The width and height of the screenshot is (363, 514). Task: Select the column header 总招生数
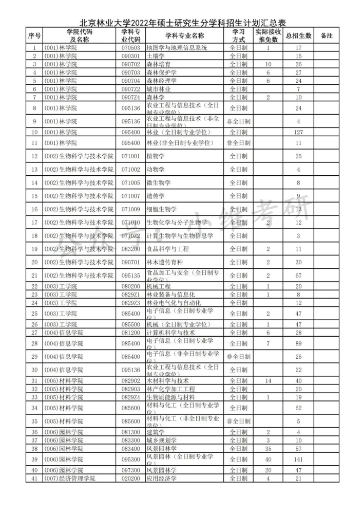tap(298, 36)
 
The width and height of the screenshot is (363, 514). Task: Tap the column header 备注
tap(326, 36)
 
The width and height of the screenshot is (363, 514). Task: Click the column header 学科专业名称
tap(184, 36)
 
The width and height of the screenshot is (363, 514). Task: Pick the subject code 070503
tap(130, 48)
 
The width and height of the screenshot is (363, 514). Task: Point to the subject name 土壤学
tap(155, 56)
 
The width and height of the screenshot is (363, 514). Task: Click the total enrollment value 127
tap(298, 132)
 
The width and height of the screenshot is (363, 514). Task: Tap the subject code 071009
tap(130, 209)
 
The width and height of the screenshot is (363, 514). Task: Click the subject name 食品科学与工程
tap(167, 249)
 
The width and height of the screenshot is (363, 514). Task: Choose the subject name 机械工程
tap(158, 286)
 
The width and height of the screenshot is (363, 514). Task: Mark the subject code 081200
tap(130, 333)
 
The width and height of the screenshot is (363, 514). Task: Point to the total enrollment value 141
tap(298, 459)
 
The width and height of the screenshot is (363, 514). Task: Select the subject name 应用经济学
tap(161, 479)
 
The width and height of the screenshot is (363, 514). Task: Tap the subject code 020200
tap(130, 479)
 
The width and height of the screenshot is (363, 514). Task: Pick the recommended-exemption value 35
tap(268, 449)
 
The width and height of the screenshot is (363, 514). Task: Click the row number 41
tap(34, 479)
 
